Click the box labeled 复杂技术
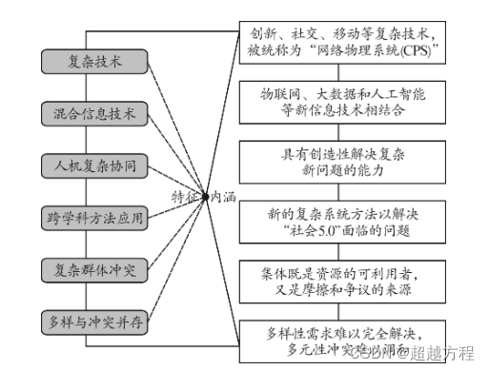[x=94, y=62]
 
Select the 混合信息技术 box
[x=94, y=114]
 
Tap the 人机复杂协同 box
[x=94, y=166]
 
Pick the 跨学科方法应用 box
[x=94, y=218]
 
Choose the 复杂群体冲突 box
[x=94, y=269]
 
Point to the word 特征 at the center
[x=186, y=196]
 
